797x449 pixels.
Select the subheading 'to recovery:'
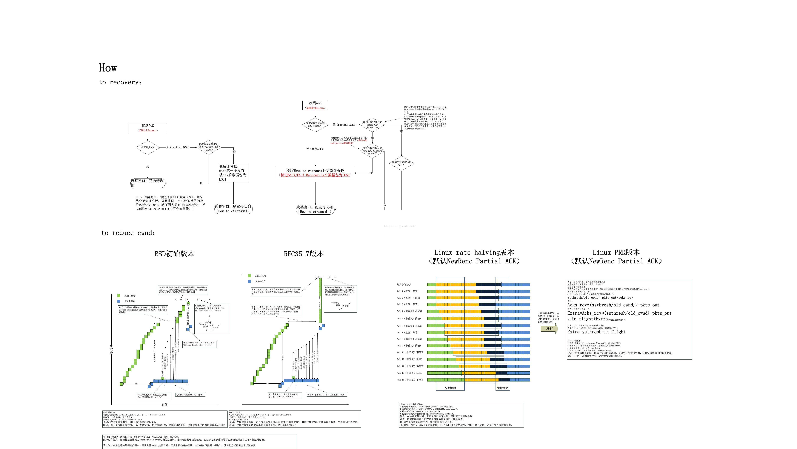point(120,82)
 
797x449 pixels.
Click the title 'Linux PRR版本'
point(616,252)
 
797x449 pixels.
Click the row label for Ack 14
point(410,380)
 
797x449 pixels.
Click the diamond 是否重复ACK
point(148,148)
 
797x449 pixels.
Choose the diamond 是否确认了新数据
point(315,125)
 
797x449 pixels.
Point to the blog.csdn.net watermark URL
point(399,226)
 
